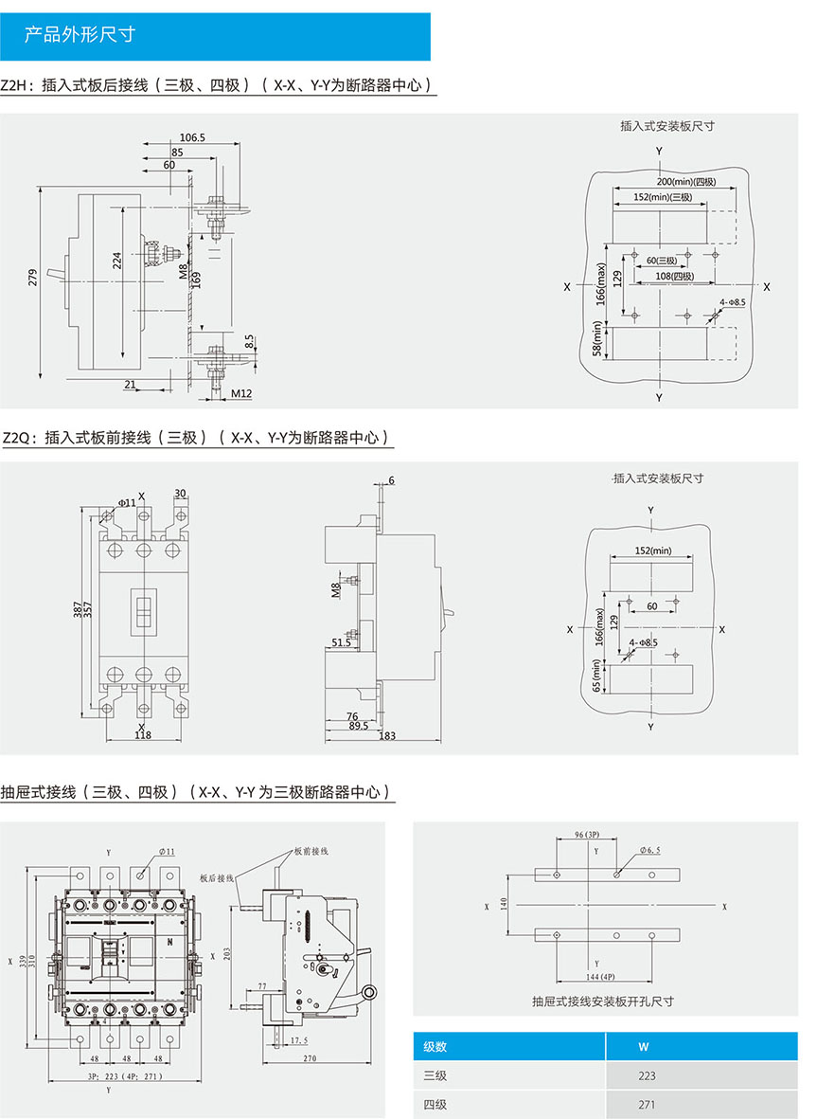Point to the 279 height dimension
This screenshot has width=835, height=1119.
[33, 278]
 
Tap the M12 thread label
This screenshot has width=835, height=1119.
[241, 392]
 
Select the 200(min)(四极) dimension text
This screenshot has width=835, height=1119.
[688, 181]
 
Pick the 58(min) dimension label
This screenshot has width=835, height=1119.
[597, 341]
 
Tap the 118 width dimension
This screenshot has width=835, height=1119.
[142, 734]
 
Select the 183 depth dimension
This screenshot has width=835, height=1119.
[386, 736]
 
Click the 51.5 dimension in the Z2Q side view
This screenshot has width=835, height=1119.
[340, 642]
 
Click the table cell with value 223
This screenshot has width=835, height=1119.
[647, 1075]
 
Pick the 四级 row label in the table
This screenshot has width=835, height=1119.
[435, 1104]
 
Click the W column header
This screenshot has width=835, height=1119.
[644, 1047]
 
